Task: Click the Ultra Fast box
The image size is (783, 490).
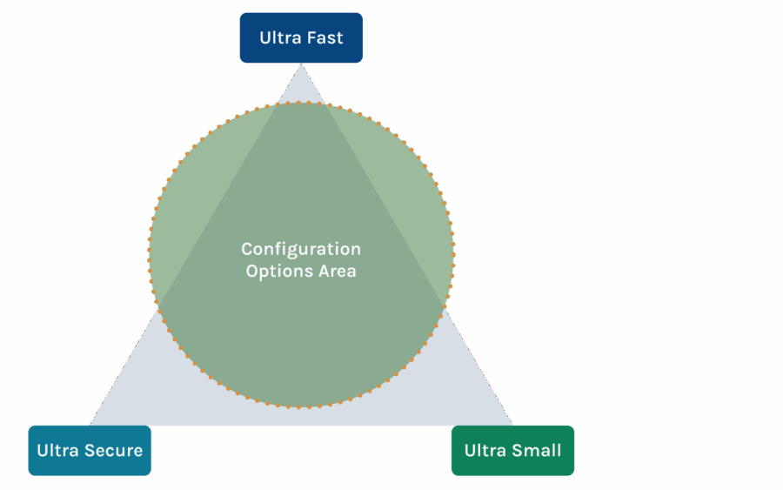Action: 301,37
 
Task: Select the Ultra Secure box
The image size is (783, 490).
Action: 90,450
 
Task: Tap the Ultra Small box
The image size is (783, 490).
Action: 512,450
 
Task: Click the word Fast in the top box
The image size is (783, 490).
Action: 325,37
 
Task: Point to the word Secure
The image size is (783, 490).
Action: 113,450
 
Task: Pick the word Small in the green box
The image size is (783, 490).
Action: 538,450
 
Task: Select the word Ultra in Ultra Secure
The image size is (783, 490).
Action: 57,450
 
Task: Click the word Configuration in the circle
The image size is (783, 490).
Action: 301,250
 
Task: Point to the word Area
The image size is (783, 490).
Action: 336,271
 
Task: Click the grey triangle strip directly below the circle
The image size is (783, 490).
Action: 301,417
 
